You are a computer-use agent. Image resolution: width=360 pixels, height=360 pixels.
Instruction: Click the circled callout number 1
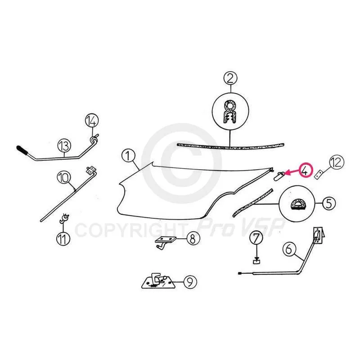point(128,156)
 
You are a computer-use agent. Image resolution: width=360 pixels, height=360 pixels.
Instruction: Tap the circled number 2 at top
point(230,78)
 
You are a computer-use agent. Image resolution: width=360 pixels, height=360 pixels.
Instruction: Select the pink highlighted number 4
point(305,170)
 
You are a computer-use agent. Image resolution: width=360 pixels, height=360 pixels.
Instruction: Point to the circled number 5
point(329,203)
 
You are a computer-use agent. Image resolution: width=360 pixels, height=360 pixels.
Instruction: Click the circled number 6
point(289,249)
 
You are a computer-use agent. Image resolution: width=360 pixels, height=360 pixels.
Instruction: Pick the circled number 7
point(256,238)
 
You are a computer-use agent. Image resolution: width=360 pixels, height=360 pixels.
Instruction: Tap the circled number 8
point(193,238)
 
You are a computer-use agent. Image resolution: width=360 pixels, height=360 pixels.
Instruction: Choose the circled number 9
point(190,282)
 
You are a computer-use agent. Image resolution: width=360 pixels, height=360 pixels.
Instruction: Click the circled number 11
point(63,238)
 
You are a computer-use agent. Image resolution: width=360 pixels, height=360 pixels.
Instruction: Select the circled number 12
point(337,162)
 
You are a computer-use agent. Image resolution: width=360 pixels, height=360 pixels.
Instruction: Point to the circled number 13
point(64,145)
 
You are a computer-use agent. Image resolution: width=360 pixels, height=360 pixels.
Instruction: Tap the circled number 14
point(92,121)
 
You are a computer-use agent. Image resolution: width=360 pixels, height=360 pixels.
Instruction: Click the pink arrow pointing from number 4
point(292,173)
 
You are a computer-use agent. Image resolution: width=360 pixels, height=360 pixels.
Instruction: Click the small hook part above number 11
point(64,219)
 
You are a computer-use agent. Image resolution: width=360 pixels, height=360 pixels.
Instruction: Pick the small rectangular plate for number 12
point(318,175)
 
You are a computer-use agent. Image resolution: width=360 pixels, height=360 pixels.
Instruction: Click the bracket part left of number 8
point(166,243)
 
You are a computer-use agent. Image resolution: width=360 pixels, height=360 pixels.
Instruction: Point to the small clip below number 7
point(256,261)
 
